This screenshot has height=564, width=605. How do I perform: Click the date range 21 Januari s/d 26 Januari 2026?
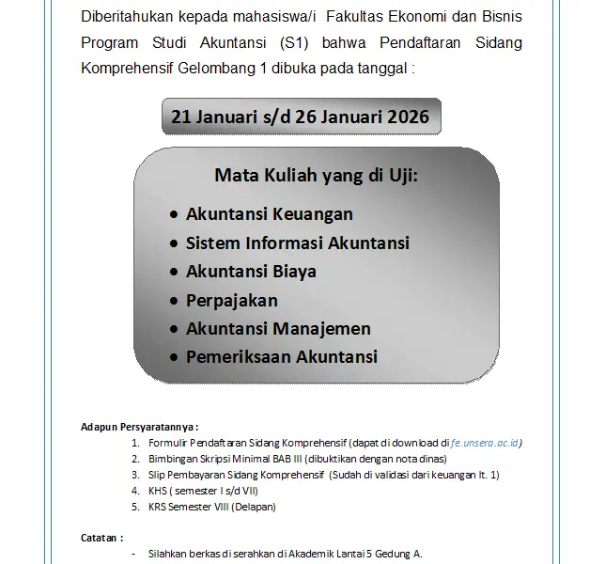(x=300, y=117)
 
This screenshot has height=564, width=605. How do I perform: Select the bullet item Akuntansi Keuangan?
(x=270, y=214)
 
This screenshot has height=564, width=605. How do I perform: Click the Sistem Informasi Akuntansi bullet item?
(x=298, y=243)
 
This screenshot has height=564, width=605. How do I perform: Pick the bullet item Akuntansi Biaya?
(x=251, y=272)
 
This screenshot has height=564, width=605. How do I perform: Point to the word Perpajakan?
(x=232, y=301)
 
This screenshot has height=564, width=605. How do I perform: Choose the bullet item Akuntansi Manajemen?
(x=278, y=329)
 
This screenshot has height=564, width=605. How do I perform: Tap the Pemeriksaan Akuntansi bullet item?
(x=282, y=357)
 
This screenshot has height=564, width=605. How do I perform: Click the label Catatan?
(x=102, y=539)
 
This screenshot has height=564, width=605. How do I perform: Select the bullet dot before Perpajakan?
(x=173, y=302)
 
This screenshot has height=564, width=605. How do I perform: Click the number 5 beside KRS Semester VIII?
(x=135, y=508)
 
